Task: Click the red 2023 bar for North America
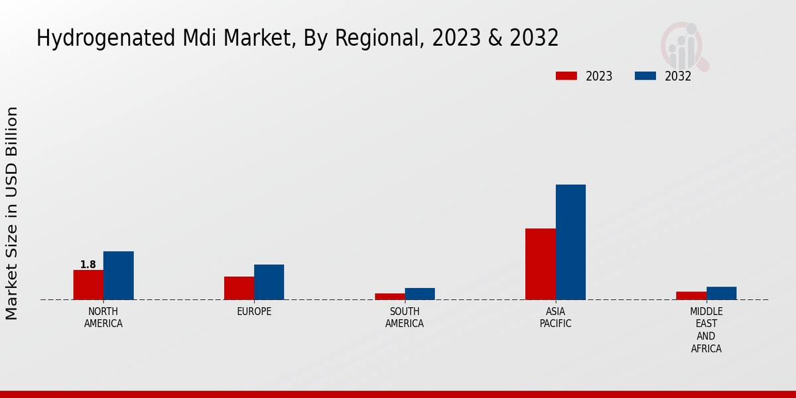point(88,285)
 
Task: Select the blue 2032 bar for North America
point(118,275)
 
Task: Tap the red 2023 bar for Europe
point(239,288)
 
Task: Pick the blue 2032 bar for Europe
point(269,282)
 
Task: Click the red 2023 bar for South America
point(389,297)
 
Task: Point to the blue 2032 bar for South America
point(420,294)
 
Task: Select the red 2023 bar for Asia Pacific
point(540,264)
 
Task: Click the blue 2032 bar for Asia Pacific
point(570,242)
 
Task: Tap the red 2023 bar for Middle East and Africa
point(691,296)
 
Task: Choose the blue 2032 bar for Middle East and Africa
point(721,293)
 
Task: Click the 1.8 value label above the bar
point(88,265)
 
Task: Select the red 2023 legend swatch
point(566,76)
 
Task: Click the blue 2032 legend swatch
point(645,76)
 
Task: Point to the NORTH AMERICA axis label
point(103,318)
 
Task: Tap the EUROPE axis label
point(254,312)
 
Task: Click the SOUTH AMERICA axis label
point(405,318)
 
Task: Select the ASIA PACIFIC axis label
point(555,318)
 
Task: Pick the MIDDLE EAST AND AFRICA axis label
point(706,330)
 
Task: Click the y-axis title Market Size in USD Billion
point(12,214)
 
